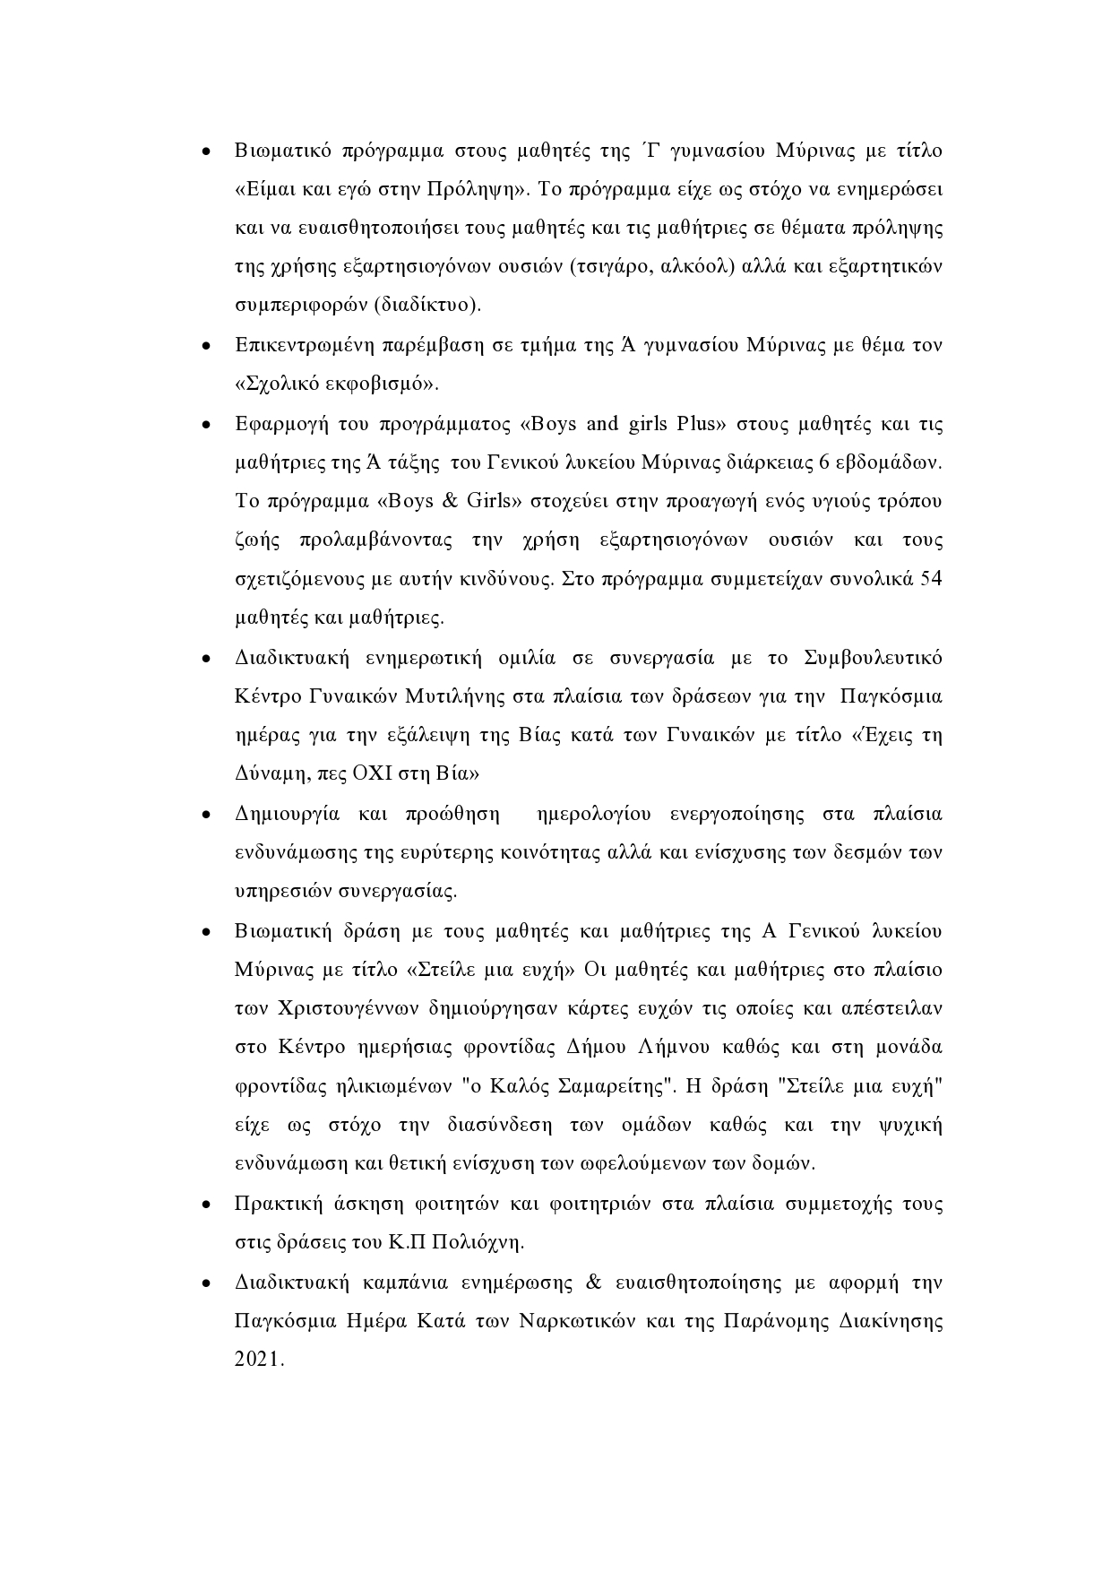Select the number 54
(x=931, y=578)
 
